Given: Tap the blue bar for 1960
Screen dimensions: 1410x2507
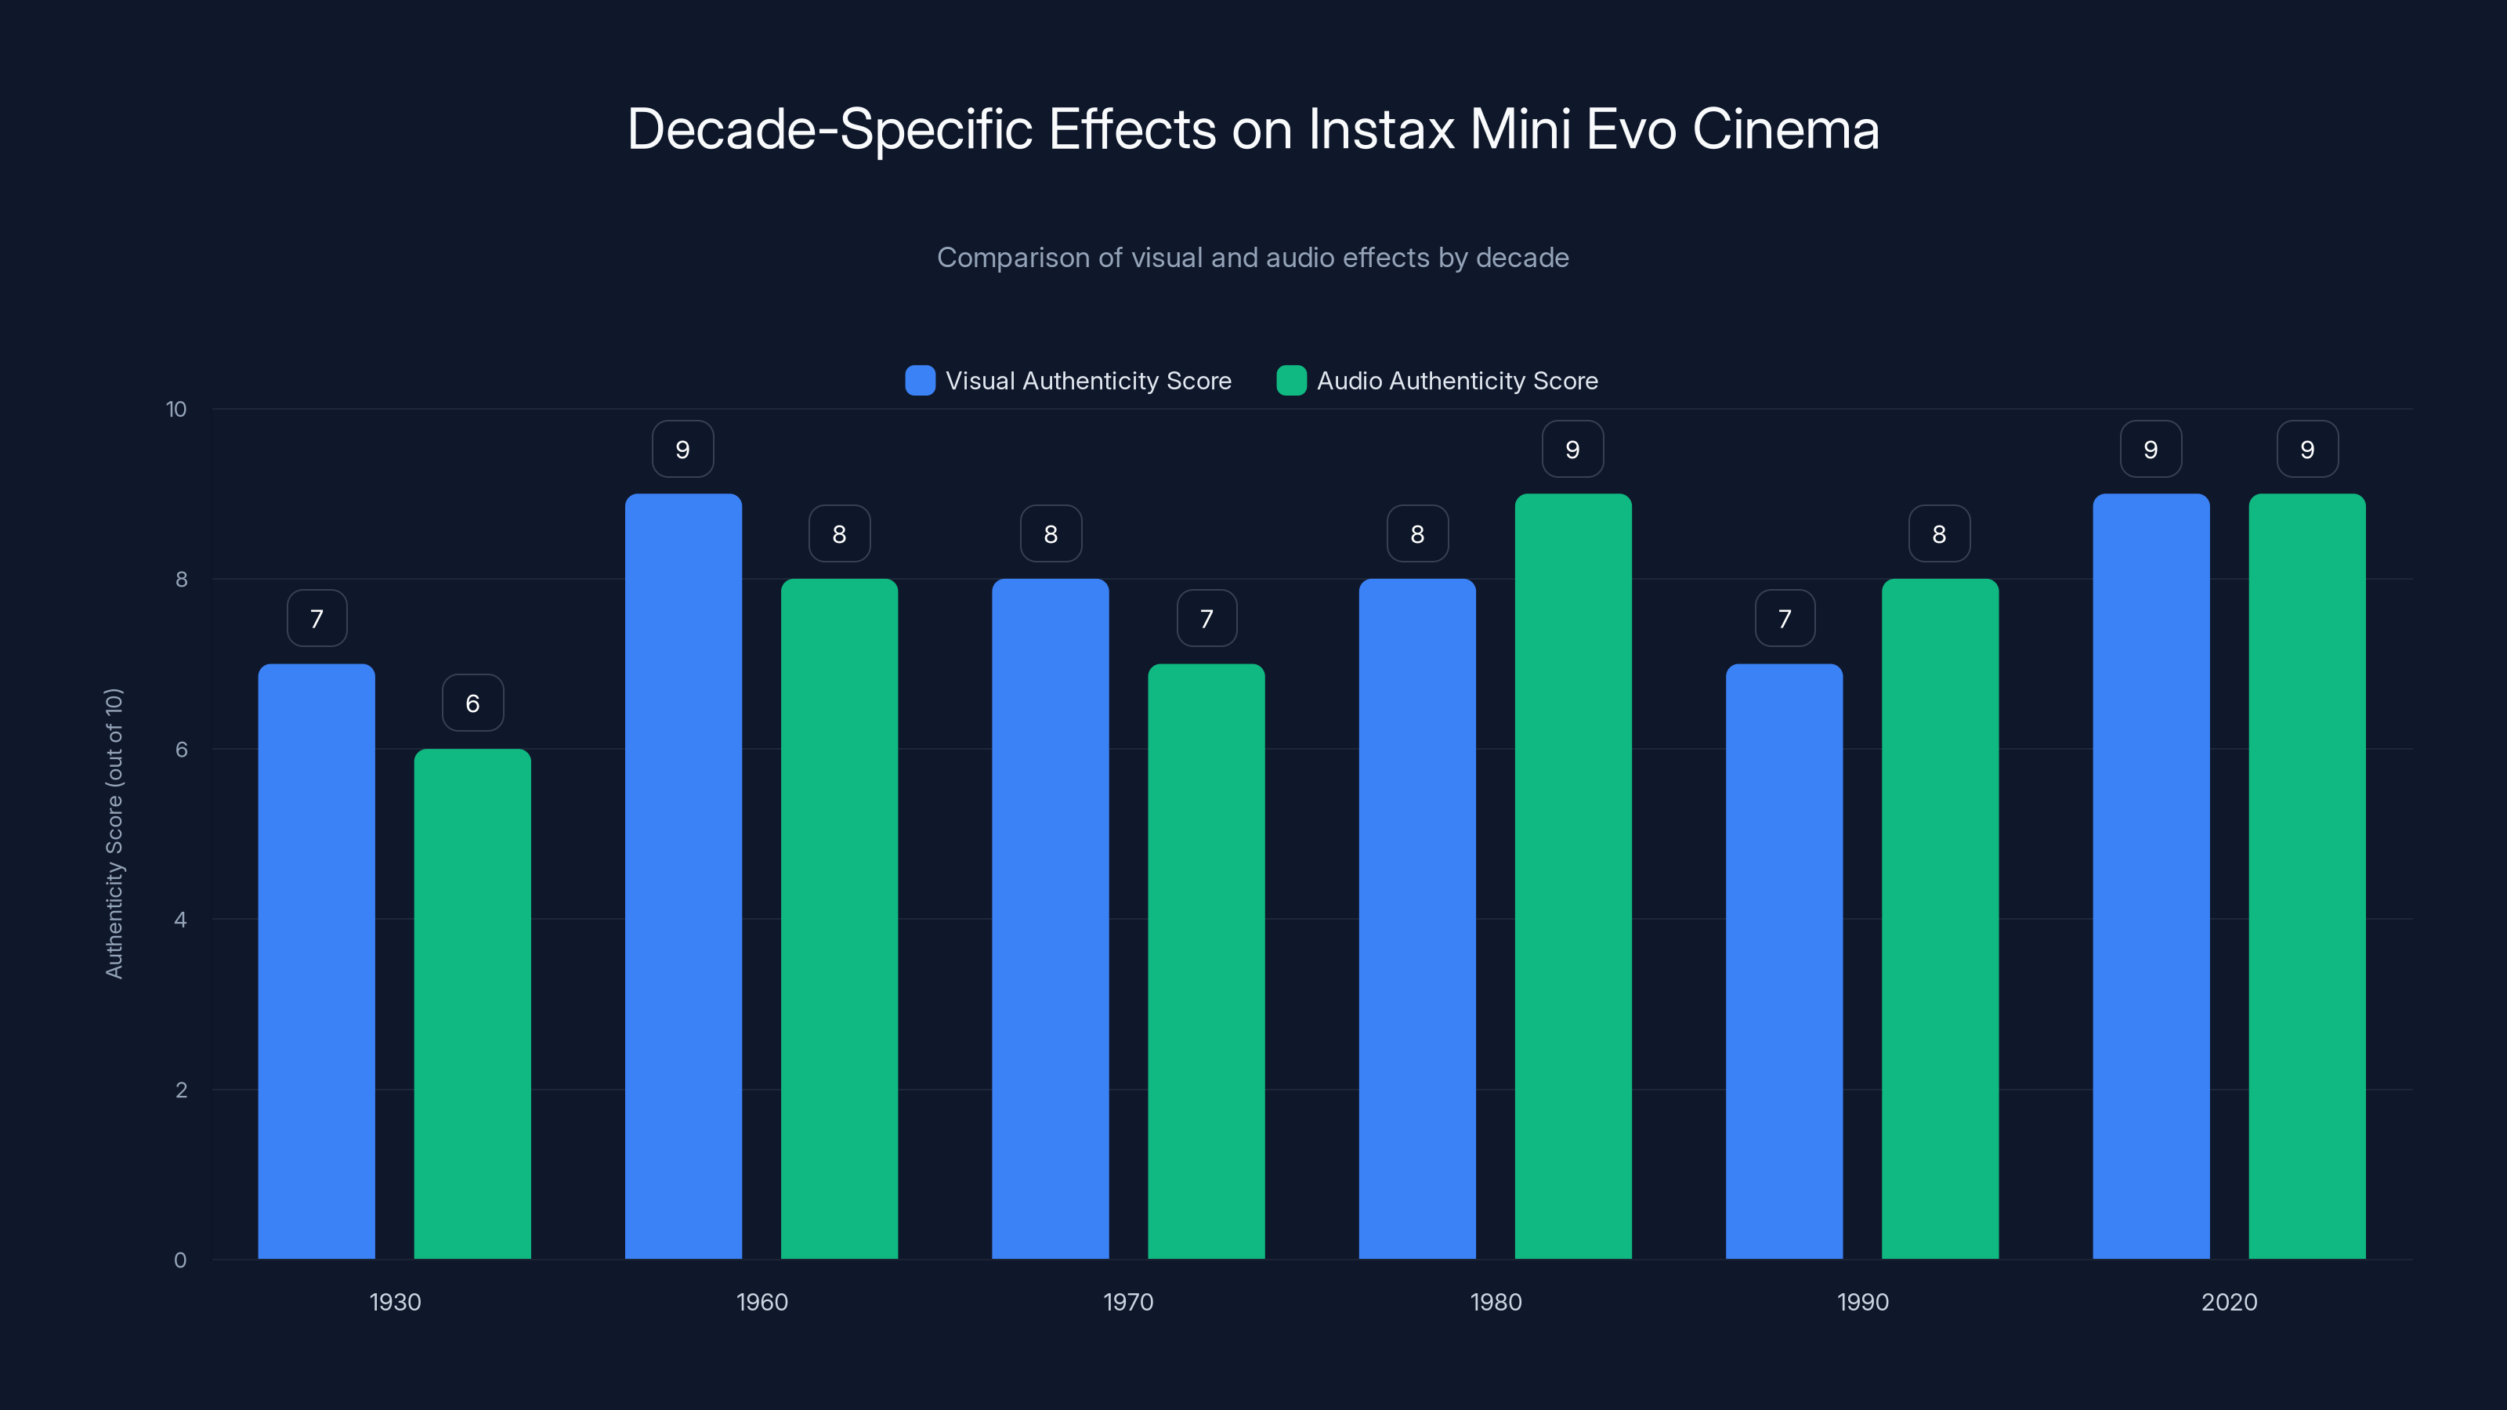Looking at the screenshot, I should (683, 876).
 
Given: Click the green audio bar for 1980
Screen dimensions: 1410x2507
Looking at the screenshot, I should (1572, 876).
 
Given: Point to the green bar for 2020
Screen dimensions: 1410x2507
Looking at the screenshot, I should (2306, 876).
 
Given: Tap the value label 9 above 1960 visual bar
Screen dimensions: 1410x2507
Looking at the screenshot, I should (682, 449).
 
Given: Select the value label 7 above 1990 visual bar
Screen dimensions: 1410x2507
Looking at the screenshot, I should (1785, 618).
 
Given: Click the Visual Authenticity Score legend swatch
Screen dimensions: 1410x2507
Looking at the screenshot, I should (920, 381).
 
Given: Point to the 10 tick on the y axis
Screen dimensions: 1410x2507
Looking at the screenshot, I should (176, 409).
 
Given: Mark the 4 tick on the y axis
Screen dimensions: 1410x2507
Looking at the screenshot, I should (180, 920).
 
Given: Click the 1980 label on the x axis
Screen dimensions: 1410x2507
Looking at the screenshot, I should (1495, 1302).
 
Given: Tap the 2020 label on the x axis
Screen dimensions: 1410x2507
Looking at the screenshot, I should (2229, 1302).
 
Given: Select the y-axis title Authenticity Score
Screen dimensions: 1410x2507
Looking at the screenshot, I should (114, 833).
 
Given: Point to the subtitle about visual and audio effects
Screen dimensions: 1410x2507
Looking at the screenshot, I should (1253, 258).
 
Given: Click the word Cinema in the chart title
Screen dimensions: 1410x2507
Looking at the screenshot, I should (1786, 129).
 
